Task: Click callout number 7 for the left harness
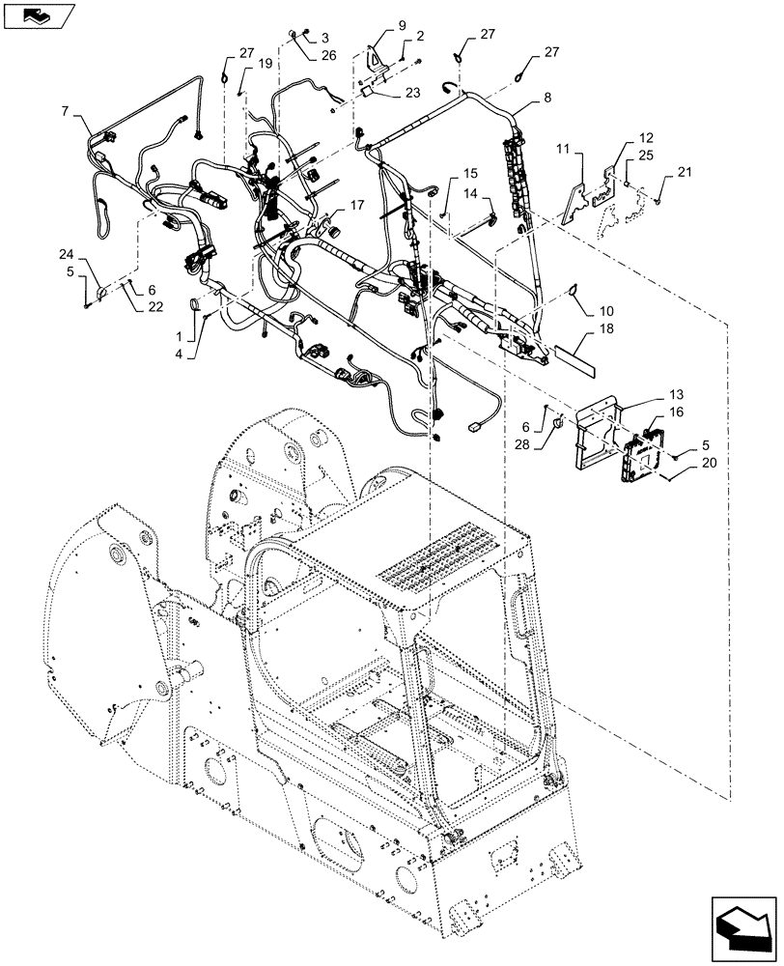(66, 112)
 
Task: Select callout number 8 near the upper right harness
(547, 97)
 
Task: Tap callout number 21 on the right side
(685, 172)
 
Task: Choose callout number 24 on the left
(66, 255)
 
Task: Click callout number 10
(605, 311)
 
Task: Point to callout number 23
(412, 95)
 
